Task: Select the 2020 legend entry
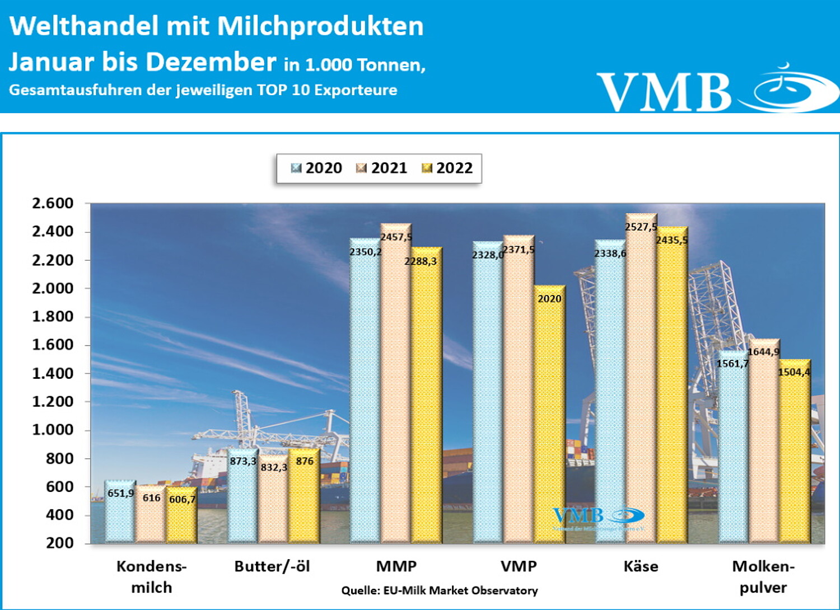(x=317, y=168)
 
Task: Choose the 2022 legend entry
(x=447, y=168)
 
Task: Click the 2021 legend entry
(x=382, y=168)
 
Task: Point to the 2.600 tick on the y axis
(x=53, y=203)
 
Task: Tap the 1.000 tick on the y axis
(x=53, y=430)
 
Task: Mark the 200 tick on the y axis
(x=59, y=543)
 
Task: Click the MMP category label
(x=396, y=566)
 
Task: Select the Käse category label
(x=641, y=566)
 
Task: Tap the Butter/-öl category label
(x=272, y=566)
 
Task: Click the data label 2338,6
(x=610, y=254)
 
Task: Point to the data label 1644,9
(x=763, y=351)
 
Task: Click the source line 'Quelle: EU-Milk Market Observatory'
(x=440, y=590)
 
